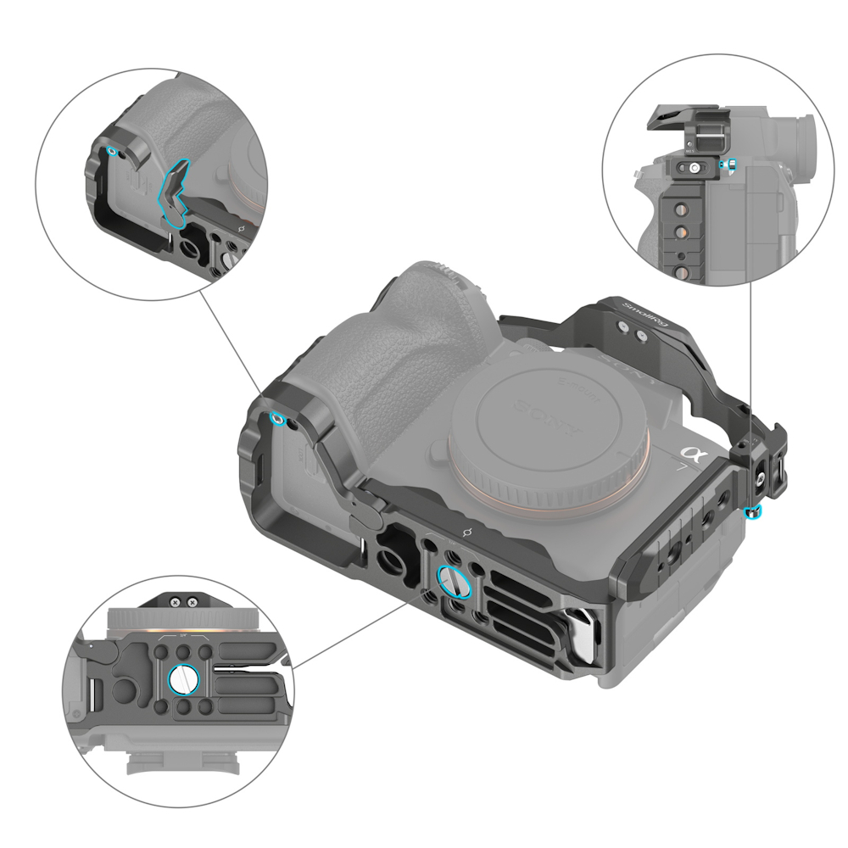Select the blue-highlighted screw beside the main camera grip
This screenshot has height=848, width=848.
[276, 417]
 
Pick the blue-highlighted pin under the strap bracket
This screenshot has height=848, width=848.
[752, 510]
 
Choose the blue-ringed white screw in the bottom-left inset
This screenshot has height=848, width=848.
[183, 678]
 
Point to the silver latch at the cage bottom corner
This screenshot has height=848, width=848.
[583, 637]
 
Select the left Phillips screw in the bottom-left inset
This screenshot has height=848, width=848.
[174, 602]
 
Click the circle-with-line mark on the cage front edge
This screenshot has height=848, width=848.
[464, 532]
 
